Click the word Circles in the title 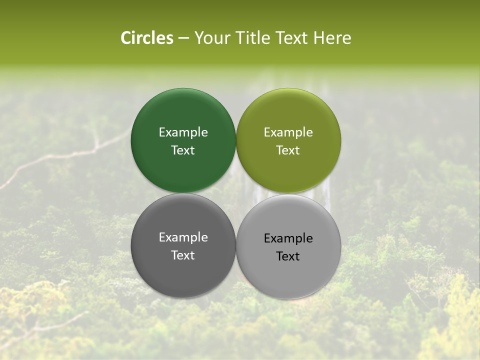[x=147, y=38]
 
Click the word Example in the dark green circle [x=183, y=132]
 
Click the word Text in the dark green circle [x=183, y=150]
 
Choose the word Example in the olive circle [x=288, y=132]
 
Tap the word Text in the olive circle [x=288, y=150]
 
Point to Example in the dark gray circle [x=183, y=237]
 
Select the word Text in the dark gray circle [x=183, y=255]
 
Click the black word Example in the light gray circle [x=288, y=238]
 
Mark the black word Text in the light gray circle [x=288, y=256]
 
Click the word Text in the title [x=292, y=38]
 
